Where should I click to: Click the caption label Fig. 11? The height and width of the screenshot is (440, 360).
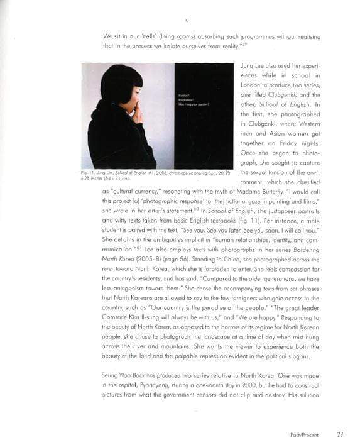pos(89,172)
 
